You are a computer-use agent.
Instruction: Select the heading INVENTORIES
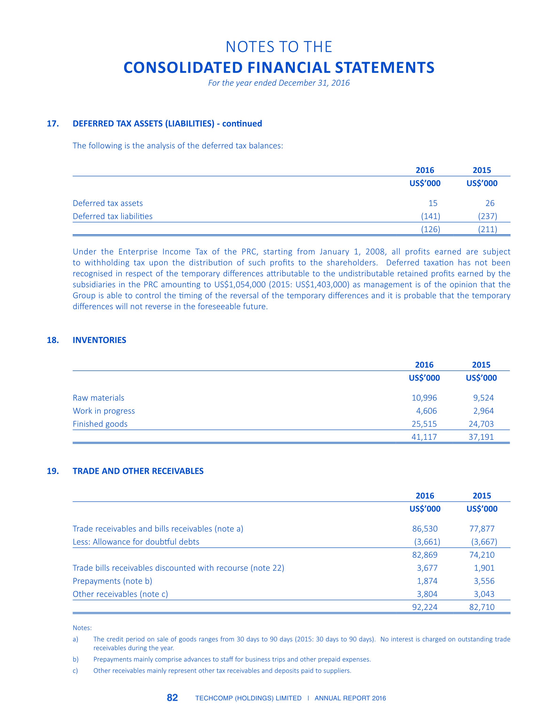tap(99, 340)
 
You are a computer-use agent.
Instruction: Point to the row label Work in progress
tap(104, 411)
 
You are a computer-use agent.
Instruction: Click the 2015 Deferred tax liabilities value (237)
tap(487, 216)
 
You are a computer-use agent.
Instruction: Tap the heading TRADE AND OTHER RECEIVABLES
tap(138, 471)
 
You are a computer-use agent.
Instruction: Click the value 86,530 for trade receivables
tap(425, 529)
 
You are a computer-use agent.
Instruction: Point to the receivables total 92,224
tap(425, 607)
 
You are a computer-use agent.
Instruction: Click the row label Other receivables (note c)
tap(120, 594)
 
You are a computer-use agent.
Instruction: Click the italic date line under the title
tap(279, 83)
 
